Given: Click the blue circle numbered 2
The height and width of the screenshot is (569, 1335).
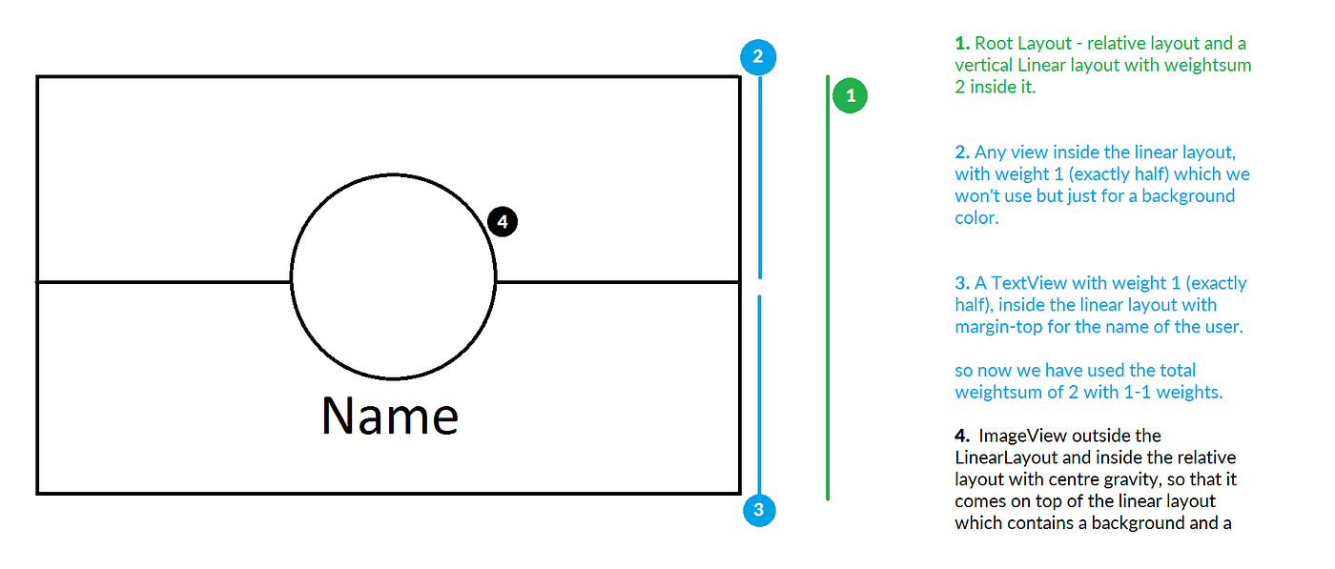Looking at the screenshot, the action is [x=758, y=57].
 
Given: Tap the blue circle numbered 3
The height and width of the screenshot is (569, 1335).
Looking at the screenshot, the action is [x=759, y=510].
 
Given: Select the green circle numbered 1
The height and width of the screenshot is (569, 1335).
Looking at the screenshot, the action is [x=850, y=95].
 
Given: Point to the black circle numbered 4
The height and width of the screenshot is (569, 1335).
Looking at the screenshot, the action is [x=503, y=222].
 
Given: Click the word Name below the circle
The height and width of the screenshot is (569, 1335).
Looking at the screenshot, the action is [x=390, y=416].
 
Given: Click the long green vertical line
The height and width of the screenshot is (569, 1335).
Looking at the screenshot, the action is [x=828, y=288].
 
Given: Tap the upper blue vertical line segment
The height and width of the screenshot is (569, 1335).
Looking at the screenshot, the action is [x=760, y=177].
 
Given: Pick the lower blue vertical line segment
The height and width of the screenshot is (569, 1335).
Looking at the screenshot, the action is [x=759, y=395].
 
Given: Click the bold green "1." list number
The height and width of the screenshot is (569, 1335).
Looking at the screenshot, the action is [x=962, y=44].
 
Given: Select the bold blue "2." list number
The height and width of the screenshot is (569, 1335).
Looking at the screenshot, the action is [x=962, y=152].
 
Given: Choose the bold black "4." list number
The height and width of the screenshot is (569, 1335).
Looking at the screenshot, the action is [x=962, y=436].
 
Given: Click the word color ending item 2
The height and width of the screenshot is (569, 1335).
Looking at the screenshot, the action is [x=976, y=218].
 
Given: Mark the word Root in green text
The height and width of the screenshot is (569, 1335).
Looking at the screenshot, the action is [x=994, y=44].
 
